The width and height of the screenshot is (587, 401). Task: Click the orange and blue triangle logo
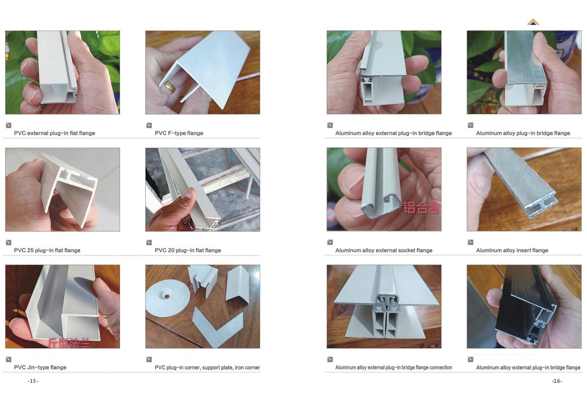click(533, 22)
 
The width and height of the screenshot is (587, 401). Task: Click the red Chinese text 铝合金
click(422, 207)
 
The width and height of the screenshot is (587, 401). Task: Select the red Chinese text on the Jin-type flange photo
click(69, 343)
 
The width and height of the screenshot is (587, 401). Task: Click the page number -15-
click(33, 381)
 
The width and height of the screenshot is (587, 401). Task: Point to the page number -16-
click(557, 381)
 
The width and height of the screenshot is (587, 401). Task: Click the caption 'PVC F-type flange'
click(179, 133)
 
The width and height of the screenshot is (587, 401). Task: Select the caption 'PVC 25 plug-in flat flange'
click(47, 250)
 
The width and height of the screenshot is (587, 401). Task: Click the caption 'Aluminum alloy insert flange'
click(512, 250)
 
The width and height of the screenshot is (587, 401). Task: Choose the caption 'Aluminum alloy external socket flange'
click(384, 250)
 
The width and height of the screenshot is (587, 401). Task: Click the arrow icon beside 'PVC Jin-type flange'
click(8, 359)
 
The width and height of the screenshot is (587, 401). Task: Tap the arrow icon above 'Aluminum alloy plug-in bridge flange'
click(470, 125)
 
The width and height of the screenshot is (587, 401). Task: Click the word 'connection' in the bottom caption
click(441, 367)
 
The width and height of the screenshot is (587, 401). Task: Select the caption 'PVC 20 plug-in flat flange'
click(188, 250)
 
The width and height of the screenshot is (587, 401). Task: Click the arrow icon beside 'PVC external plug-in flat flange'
click(8, 125)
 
